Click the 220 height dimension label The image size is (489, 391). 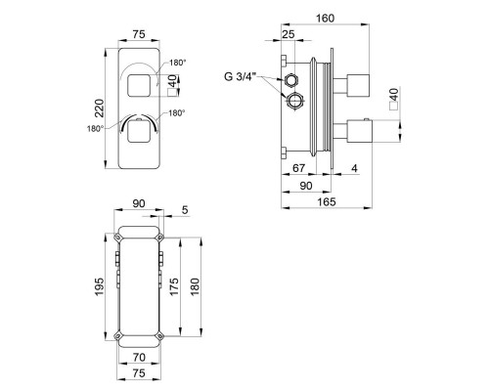tap(100, 109)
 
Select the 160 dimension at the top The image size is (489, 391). tap(325, 19)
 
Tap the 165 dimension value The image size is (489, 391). tap(327, 202)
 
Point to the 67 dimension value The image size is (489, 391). tap(298, 168)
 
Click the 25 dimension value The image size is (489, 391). tap(289, 34)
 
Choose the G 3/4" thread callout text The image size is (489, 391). tap(241, 77)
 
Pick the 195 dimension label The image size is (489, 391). tap(100, 286)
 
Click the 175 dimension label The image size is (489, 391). tap(174, 286)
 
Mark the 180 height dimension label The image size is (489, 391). tap(195, 286)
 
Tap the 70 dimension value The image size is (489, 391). tap(139, 358)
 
